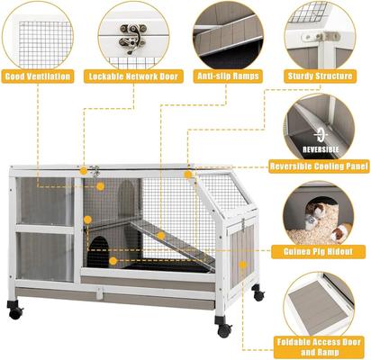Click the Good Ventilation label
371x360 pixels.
38,77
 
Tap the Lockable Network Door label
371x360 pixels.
135,77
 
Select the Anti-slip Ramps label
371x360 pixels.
227,77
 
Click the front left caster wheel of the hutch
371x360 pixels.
15,310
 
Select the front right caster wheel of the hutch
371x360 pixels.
223,329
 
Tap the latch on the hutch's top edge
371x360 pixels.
93,170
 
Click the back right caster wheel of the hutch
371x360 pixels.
258,293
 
